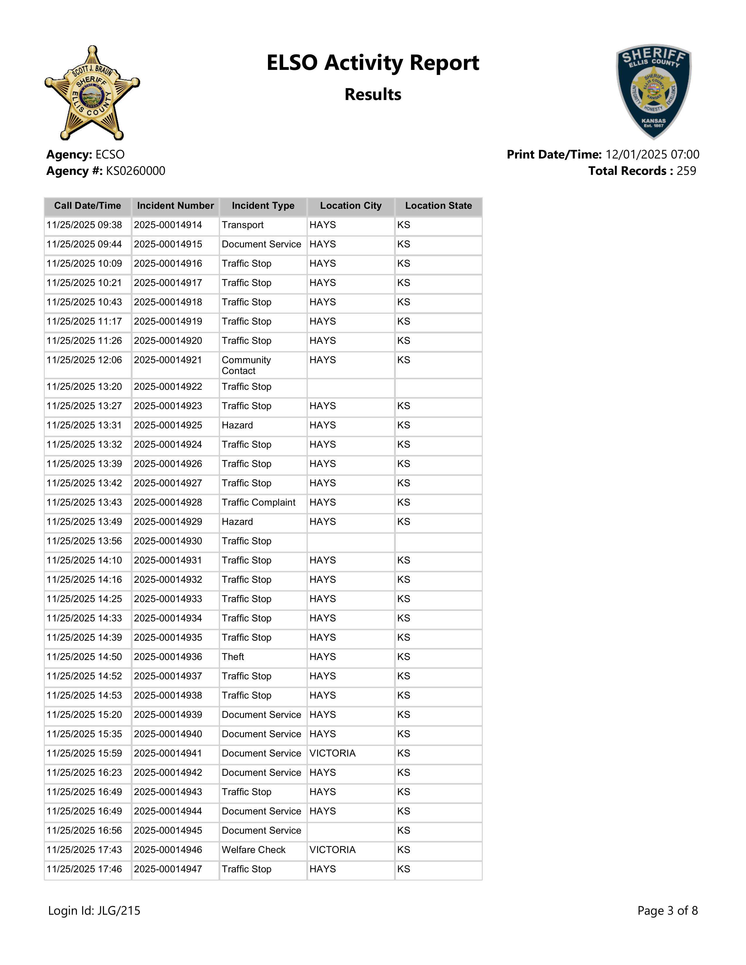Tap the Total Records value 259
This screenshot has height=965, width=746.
[686, 171]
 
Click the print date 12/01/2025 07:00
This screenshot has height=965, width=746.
[652, 155]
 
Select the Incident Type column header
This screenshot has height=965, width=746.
[263, 206]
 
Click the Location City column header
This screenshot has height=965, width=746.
[350, 206]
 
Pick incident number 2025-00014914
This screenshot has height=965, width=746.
[168, 225]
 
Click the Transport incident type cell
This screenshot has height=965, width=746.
[243, 225]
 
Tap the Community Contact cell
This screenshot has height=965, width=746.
[246, 366]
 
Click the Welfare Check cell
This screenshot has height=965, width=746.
[254, 850]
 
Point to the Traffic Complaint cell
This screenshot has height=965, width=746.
[259, 502]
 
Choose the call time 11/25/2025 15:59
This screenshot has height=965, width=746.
[84, 753]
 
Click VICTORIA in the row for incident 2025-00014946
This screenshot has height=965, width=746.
[332, 850]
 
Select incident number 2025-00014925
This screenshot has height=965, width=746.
[168, 425]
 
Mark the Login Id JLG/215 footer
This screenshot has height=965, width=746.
[94, 911]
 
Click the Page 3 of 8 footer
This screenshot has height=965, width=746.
[667, 911]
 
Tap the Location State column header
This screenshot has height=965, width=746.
[439, 206]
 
